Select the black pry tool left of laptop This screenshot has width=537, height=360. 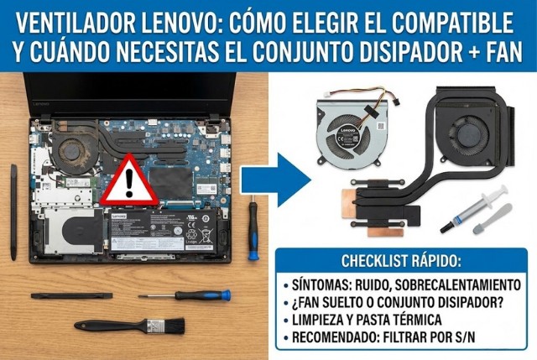point(13,210)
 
